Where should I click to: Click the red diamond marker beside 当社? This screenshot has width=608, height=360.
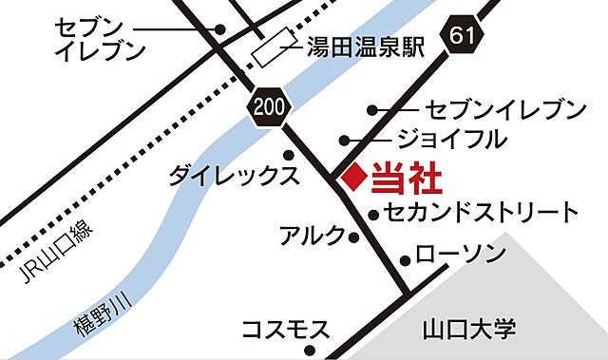click(x=352, y=176)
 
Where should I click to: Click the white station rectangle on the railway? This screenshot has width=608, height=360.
click(x=274, y=45)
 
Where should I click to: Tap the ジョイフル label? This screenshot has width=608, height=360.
click(x=451, y=140)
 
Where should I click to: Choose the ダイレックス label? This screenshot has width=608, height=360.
click(x=235, y=175)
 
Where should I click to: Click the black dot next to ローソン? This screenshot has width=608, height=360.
click(x=407, y=258)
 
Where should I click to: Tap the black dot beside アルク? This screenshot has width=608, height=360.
click(x=354, y=237)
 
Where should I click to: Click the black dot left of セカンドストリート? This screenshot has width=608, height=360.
click(x=374, y=214)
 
